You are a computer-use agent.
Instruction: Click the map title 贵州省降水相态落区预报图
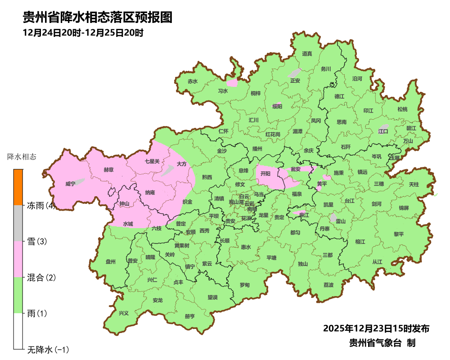tap(98, 18)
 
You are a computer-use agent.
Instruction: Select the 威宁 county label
tap(70, 184)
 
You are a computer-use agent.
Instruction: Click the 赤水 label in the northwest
tap(193, 81)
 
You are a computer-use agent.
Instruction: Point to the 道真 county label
tap(307, 54)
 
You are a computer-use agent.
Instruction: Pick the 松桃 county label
tap(402, 109)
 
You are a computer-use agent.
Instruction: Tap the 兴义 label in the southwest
tap(123, 313)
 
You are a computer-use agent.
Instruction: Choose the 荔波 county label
tap(328, 285)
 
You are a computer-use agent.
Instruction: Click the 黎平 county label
tap(399, 234)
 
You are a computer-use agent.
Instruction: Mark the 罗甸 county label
tap(244, 285)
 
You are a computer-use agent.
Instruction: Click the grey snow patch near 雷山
tap(333, 218)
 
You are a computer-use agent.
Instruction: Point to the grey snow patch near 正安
tap(294, 72)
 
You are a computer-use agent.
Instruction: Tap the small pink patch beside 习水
tap(232, 83)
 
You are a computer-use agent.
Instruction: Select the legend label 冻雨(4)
tap(41, 206)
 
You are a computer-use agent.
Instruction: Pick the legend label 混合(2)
tap(41, 278)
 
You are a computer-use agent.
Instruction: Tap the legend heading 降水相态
tap(22, 157)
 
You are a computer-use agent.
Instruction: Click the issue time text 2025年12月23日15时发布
tap(376, 328)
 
